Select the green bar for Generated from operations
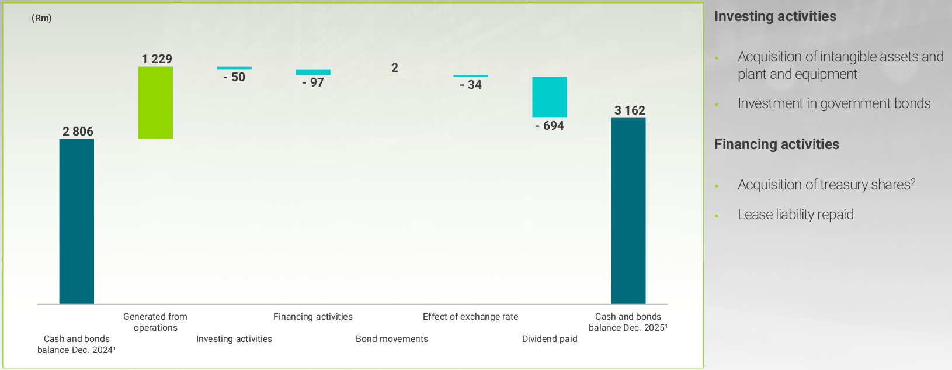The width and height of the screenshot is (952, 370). [x=155, y=102]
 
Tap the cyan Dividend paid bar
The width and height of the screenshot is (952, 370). [x=549, y=97]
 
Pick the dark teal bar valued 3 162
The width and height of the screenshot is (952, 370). [x=628, y=210]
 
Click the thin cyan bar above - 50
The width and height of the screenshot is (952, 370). [x=234, y=68]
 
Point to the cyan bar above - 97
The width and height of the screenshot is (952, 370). [x=313, y=72]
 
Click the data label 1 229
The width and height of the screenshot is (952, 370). [x=157, y=59]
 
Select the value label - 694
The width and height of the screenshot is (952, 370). [x=550, y=126]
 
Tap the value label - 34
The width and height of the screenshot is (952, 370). [x=471, y=85]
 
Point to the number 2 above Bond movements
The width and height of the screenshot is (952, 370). [x=395, y=68]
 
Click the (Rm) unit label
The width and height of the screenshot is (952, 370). [x=41, y=18]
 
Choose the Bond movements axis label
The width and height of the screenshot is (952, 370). [x=392, y=339]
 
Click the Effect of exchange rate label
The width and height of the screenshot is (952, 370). [x=470, y=317]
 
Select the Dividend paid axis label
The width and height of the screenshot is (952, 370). [x=550, y=339]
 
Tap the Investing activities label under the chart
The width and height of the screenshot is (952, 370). [x=234, y=339]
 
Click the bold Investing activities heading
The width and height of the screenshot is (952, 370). [x=775, y=16]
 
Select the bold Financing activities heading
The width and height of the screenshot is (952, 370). [x=777, y=144]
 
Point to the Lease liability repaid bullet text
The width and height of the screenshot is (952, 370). [x=795, y=215]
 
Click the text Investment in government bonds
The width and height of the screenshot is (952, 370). [x=834, y=103]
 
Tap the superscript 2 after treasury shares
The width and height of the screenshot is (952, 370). [x=913, y=182]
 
